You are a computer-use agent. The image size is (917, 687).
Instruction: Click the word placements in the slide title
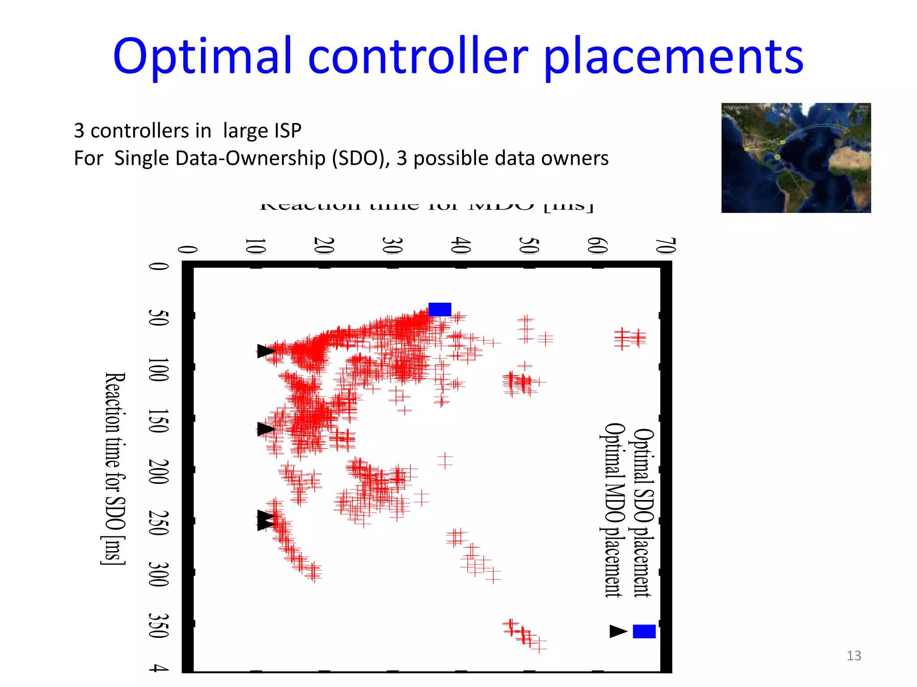coord(674,57)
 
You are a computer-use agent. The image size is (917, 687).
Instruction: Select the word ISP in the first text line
coord(287,131)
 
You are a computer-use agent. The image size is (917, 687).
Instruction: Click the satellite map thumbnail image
coord(796,157)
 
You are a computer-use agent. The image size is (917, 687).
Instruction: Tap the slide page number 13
coord(853,656)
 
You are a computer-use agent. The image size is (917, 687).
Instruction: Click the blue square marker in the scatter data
coord(439,309)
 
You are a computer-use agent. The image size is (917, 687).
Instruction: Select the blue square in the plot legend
coord(644,631)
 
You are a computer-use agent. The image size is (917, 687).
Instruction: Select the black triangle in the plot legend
coord(618,631)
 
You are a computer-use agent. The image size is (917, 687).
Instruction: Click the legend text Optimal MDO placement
coord(613,510)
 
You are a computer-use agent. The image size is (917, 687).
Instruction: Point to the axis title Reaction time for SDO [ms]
coord(115,468)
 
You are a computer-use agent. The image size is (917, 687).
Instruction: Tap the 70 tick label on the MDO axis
coord(665,246)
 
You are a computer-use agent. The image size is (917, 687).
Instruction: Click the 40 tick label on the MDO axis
coord(461,246)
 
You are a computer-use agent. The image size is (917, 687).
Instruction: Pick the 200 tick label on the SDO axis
coord(159,471)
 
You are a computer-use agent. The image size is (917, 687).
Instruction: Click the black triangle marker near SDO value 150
coord(265,429)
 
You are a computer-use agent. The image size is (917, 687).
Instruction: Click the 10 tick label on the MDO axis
coord(256,246)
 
